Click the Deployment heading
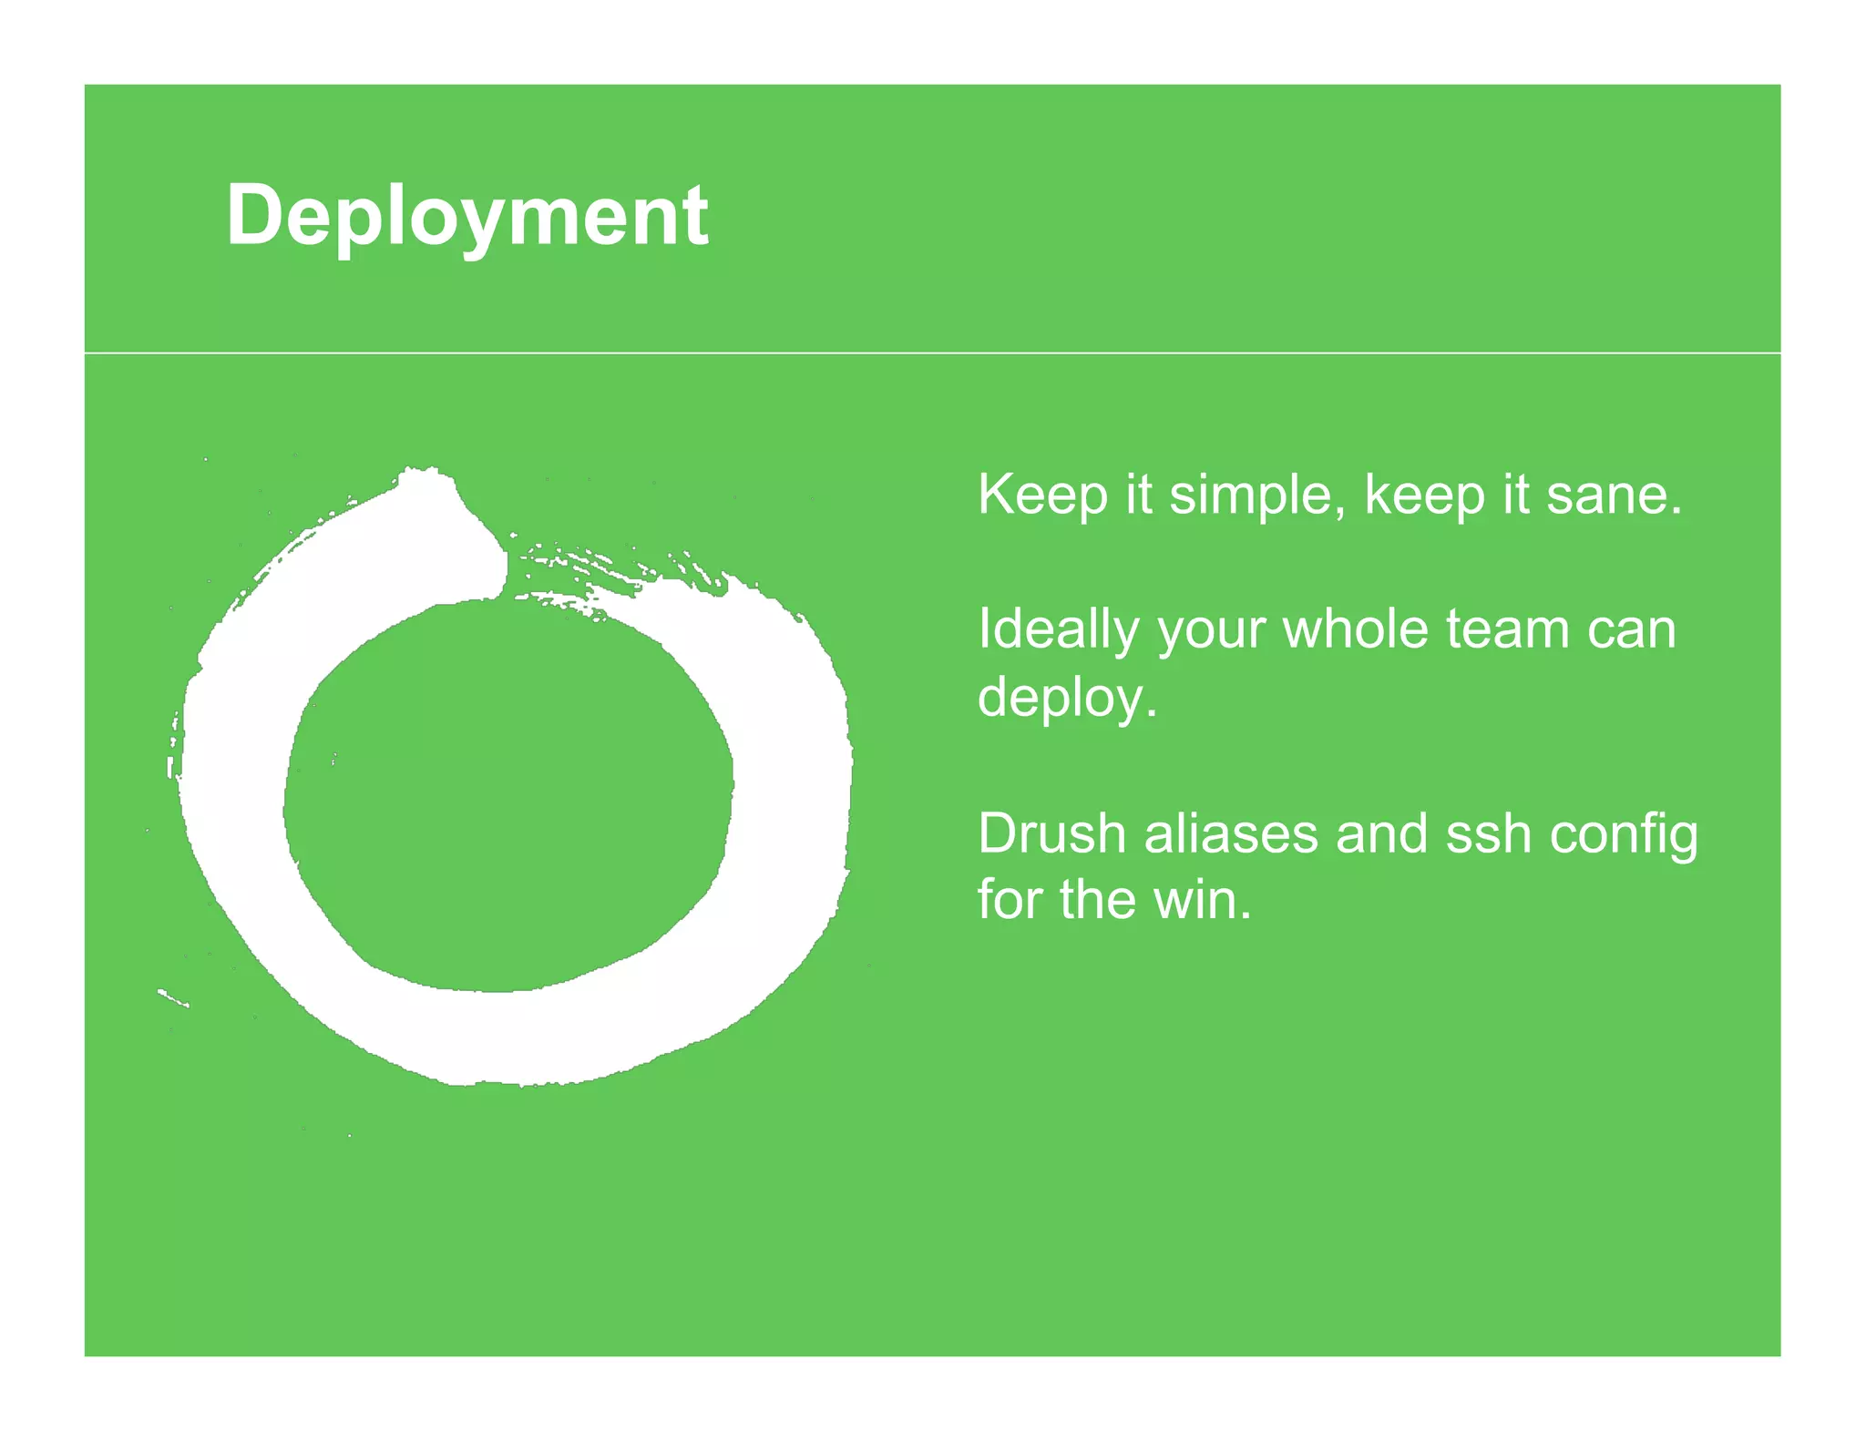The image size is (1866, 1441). pyautogui.click(x=466, y=217)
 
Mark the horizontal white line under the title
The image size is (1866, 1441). pyautogui.click(x=932, y=353)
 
